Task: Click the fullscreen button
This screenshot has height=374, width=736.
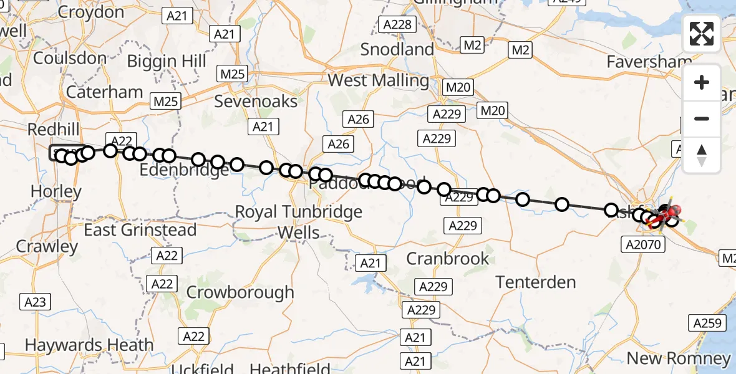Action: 702,34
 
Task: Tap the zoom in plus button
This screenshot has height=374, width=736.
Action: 702,82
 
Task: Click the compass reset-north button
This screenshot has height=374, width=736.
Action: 702,155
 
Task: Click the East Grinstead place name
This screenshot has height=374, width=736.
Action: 140,230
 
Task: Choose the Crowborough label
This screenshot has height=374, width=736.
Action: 240,292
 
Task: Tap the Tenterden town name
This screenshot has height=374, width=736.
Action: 536,282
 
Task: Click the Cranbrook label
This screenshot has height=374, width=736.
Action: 448,258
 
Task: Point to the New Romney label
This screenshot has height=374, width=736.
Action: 678,358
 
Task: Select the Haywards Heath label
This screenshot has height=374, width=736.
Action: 89,345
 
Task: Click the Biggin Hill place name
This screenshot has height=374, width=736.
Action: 167,61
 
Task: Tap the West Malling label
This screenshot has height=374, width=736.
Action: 378,80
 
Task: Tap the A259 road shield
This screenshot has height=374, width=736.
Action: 707,323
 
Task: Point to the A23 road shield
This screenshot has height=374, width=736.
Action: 35,302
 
